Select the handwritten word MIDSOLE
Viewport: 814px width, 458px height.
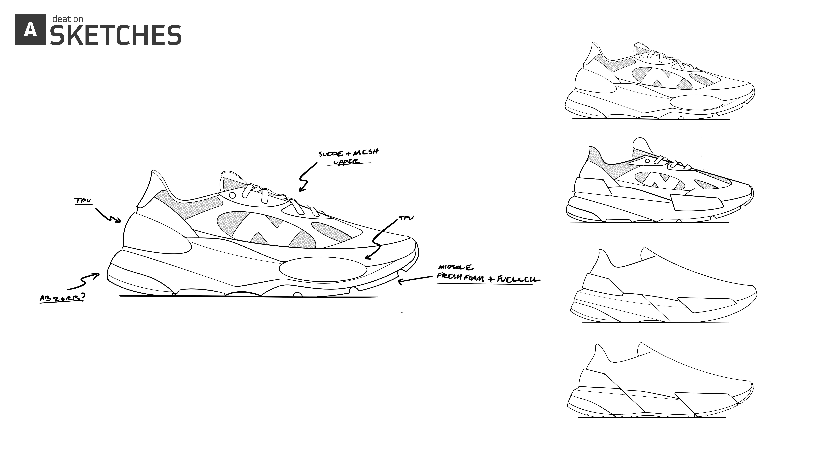(x=455, y=268)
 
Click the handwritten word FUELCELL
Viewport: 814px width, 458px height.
(x=518, y=279)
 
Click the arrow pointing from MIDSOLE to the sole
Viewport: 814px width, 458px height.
(x=414, y=280)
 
